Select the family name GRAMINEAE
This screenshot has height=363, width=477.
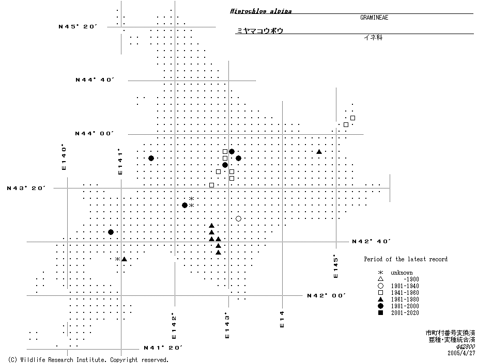click(x=374, y=18)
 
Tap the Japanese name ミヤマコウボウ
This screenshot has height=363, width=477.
click(x=259, y=31)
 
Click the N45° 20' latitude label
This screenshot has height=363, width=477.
click(x=78, y=26)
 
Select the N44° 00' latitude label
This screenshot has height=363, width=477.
click(x=94, y=134)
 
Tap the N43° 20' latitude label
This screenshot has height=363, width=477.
click(x=26, y=188)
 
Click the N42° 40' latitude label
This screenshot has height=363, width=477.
click(x=371, y=241)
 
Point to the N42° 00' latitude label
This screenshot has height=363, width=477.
click(x=326, y=295)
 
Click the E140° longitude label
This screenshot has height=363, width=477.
click(x=64, y=157)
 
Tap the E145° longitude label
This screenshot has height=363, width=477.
click(x=336, y=266)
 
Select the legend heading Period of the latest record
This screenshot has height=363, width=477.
click(x=405, y=259)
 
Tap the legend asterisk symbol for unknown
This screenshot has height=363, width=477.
click(x=380, y=273)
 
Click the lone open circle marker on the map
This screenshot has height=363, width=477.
click(x=238, y=219)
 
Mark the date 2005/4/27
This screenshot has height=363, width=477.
click(x=461, y=353)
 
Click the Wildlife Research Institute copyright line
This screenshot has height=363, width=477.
click(x=88, y=359)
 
